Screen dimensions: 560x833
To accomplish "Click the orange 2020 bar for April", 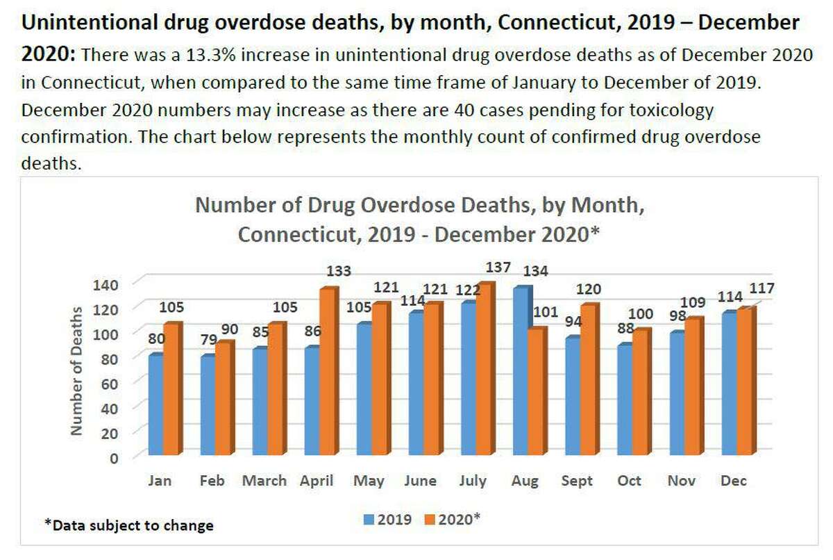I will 328,372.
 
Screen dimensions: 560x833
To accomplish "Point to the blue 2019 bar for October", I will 623,400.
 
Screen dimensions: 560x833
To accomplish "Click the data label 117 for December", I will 761,288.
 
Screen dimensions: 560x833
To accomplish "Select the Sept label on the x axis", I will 575,481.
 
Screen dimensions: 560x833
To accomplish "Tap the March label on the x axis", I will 264,481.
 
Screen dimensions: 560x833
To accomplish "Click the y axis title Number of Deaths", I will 77,372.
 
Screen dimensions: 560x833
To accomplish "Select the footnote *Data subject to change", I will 128,525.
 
